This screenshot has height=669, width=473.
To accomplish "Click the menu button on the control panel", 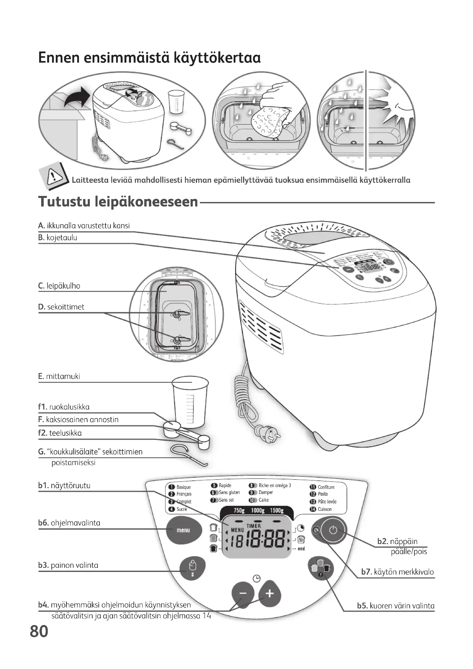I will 184,530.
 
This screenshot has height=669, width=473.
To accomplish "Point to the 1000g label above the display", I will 258,510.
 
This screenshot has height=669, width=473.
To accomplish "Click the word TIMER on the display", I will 254,526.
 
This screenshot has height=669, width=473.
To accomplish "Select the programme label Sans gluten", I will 229,493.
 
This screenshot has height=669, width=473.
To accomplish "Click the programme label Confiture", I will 326,487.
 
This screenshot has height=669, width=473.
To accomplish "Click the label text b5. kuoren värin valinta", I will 396,606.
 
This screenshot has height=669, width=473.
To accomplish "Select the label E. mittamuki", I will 59,376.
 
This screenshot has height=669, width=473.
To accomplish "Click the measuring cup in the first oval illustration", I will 176,102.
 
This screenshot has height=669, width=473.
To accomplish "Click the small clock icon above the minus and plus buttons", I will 256,578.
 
